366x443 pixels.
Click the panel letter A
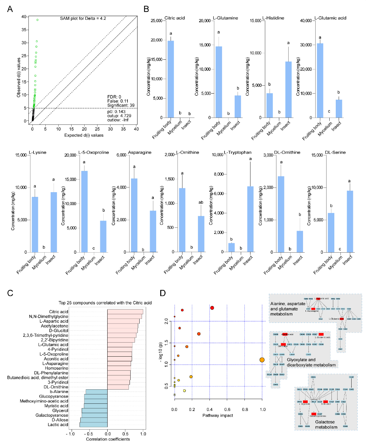10,9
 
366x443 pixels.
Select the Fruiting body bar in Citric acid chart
171,79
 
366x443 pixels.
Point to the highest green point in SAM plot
37,20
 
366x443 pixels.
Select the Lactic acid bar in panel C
93,425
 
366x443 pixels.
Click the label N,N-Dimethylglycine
49,317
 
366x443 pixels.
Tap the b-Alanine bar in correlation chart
96,392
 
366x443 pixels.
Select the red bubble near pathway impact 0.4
212,308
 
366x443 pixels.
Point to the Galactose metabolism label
326,424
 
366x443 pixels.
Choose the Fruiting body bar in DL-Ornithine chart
281,214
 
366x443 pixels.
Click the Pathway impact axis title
218,415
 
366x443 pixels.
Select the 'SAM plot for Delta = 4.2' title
83,18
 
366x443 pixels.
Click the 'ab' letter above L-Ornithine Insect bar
201,203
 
